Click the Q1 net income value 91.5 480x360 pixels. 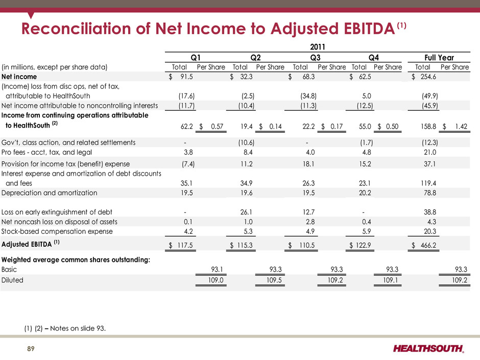coord(186,77)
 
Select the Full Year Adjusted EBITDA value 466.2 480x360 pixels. coord(428,245)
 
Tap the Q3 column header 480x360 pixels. coord(315,58)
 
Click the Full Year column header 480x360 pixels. coord(439,58)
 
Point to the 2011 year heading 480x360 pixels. coord(318,47)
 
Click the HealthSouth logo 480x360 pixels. coord(428,349)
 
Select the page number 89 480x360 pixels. coord(31,349)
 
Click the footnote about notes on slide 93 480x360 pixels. coord(65,328)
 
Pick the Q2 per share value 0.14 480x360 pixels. coord(275,127)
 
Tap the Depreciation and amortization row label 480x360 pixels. coord(50,193)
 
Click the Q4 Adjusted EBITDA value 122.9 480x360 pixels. coord(363,245)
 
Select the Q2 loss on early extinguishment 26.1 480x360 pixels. coord(246,212)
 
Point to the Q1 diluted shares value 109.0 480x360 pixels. coord(216,280)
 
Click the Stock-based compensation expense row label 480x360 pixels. coord(57,231)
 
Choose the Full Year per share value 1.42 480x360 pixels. coord(461,127)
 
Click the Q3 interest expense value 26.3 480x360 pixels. coord(308,183)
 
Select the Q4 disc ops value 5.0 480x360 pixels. coord(367,96)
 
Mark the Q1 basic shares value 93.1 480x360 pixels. coord(217,270)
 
